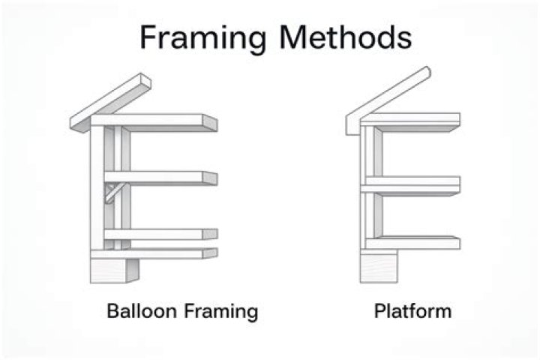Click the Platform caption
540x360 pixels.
tap(412, 310)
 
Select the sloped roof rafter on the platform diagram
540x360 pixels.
tap(390, 94)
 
